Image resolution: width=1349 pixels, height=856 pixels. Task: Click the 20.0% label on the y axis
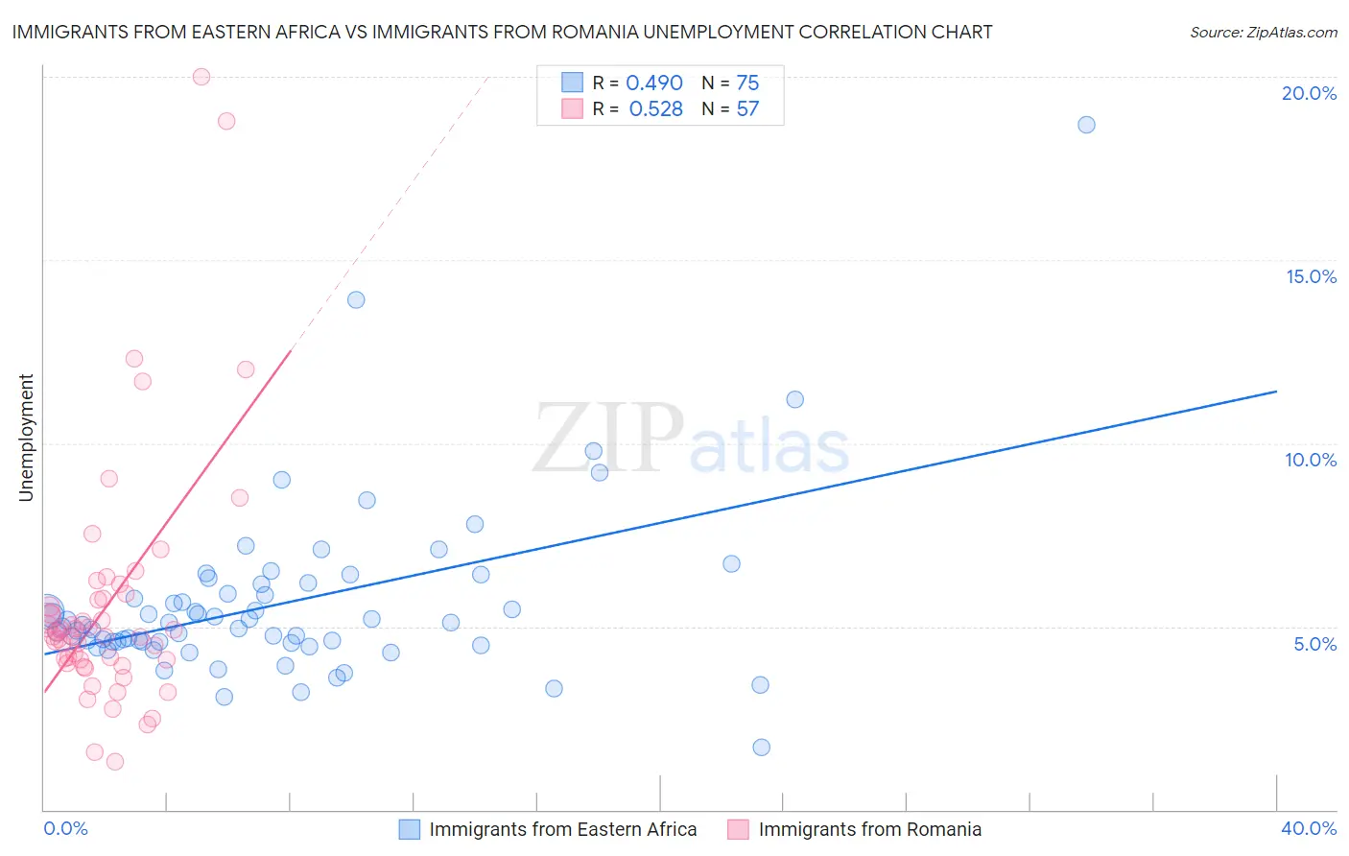tap(1309, 93)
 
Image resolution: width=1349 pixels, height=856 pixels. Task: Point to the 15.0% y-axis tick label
tap(1311, 276)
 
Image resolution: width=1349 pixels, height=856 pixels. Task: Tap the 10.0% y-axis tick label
tap(1311, 460)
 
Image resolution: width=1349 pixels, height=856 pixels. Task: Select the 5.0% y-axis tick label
tap(1314, 644)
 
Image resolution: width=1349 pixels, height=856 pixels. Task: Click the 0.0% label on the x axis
tap(65, 828)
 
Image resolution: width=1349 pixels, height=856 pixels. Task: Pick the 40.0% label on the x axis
tap(1309, 828)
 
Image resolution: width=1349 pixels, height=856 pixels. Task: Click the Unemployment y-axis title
tap(26, 438)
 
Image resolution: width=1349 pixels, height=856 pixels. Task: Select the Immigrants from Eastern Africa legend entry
tap(562, 829)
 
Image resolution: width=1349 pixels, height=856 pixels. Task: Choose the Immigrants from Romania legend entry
tap(869, 829)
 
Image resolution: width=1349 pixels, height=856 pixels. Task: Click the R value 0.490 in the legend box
tap(653, 83)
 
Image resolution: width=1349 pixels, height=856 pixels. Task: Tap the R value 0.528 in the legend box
tap(655, 109)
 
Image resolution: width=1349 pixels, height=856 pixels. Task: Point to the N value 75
tap(747, 83)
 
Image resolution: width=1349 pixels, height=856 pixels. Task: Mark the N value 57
tap(747, 109)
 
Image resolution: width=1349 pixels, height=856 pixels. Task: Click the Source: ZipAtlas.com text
tap(1263, 33)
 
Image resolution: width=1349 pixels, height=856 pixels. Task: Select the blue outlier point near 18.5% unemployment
tap(1086, 125)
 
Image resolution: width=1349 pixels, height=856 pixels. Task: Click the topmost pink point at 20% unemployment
tap(201, 77)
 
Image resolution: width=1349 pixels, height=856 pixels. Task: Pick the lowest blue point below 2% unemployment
tap(762, 748)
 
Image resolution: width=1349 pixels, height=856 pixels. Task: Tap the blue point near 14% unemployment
tap(356, 299)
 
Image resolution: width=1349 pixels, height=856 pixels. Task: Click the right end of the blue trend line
tap(1276, 392)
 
